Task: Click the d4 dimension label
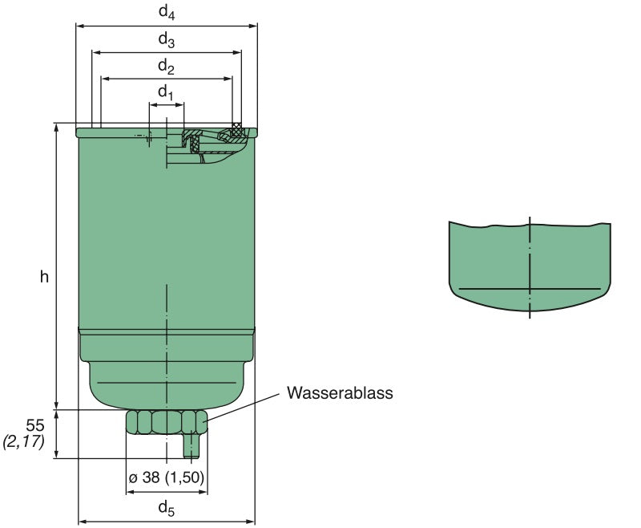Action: tap(166, 13)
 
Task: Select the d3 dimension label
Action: tap(166, 39)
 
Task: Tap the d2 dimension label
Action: tap(166, 66)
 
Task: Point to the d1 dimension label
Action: tap(165, 93)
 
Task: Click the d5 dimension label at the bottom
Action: tap(165, 507)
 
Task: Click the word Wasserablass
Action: tap(340, 394)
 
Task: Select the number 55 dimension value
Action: tap(34, 425)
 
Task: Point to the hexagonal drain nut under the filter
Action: tap(166, 422)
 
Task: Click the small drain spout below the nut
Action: tap(191, 445)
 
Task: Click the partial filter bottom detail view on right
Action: tap(529, 265)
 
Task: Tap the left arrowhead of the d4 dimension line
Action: tap(79, 26)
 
